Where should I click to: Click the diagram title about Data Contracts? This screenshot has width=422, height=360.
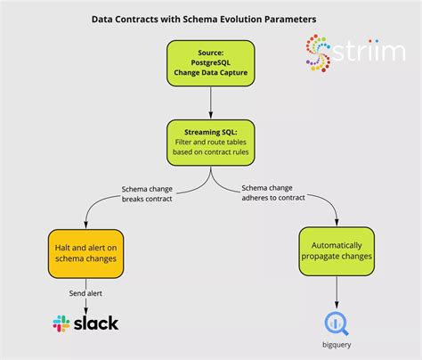[203, 18]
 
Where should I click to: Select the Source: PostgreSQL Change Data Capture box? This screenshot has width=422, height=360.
[211, 66]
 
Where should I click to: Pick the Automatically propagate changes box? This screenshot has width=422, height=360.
[336, 250]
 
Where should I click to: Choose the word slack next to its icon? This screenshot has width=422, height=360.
[96, 323]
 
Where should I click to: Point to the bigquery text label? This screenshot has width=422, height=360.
[336, 344]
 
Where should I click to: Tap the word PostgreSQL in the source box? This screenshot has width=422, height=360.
[211, 65]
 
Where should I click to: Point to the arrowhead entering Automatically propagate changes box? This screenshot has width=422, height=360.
[336, 224]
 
